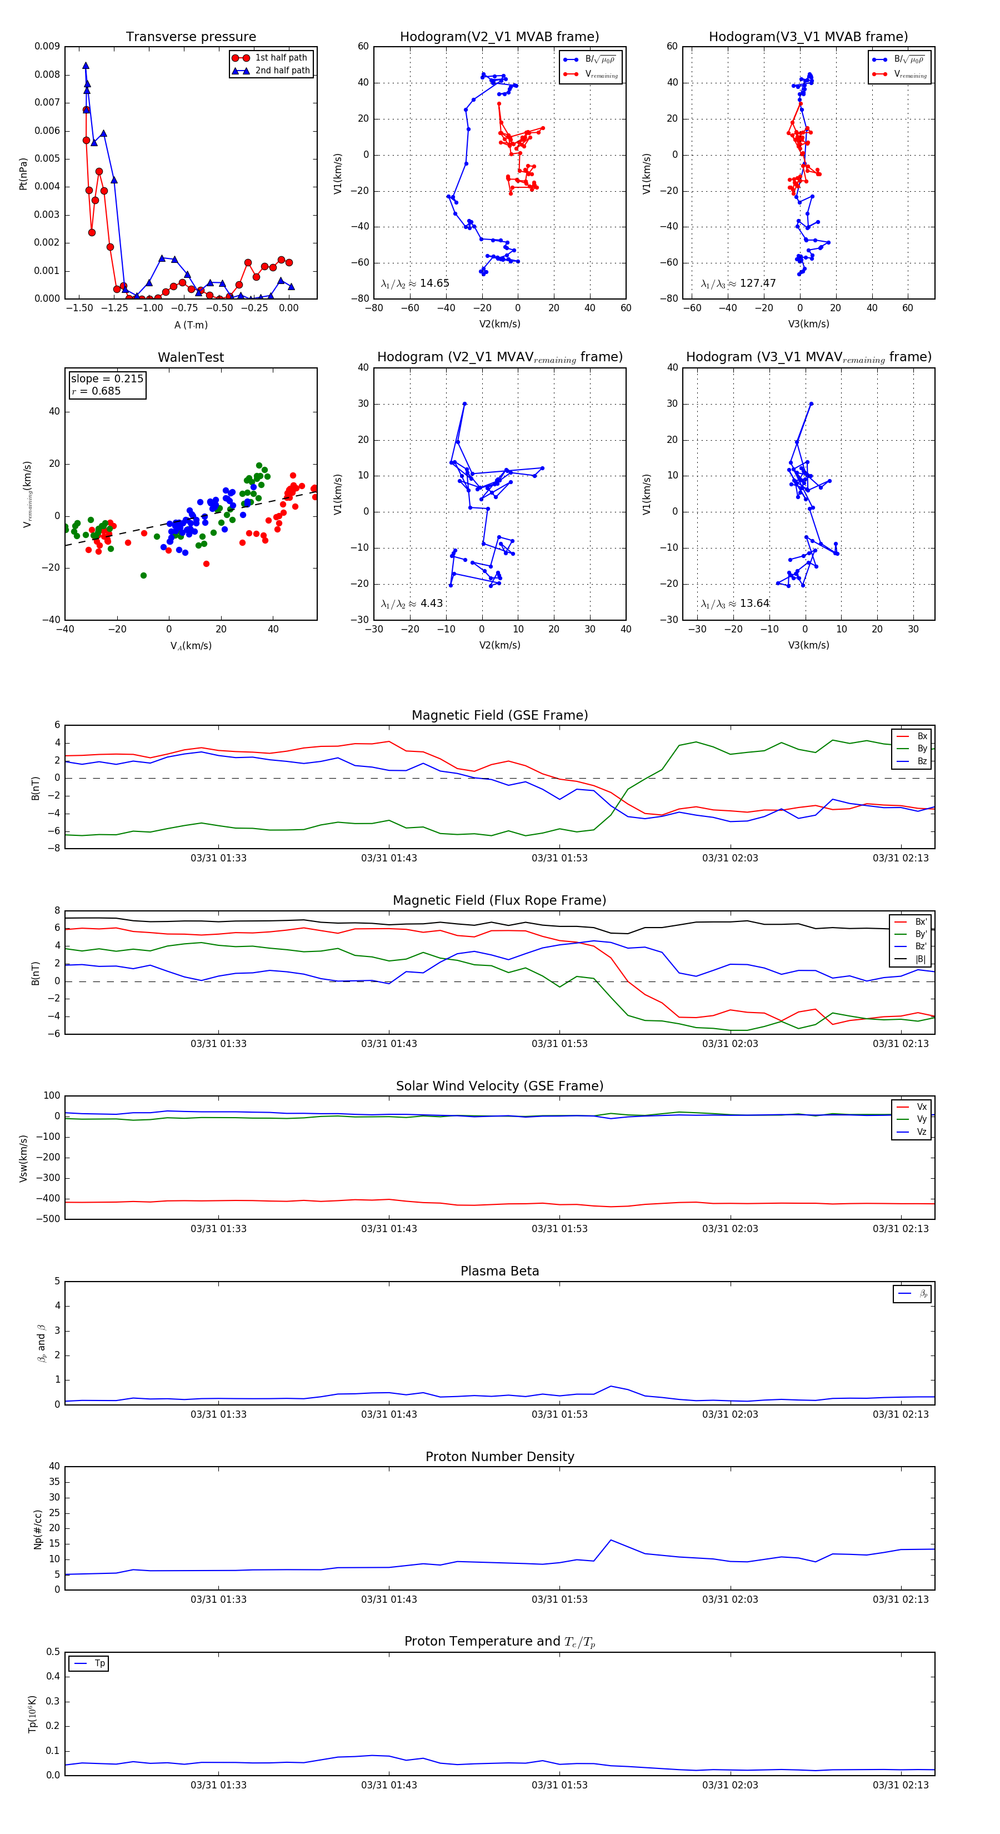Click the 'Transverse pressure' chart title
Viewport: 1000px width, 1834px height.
click(x=191, y=37)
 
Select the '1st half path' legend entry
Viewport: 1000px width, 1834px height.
click(x=281, y=58)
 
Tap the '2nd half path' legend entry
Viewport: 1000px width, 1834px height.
click(x=282, y=71)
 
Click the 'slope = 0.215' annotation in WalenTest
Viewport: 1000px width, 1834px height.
click(x=107, y=379)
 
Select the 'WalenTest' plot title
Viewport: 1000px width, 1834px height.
click(x=191, y=357)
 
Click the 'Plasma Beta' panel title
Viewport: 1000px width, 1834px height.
click(x=499, y=1271)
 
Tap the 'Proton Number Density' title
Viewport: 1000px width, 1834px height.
click(x=499, y=1457)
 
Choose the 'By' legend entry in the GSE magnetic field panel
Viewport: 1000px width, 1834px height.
click(x=922, y=748)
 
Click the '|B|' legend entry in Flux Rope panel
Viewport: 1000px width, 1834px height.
click(x=921, y=959)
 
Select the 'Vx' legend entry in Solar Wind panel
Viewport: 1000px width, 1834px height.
click(x=922, y=1107)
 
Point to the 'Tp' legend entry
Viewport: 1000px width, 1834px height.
click(x=99, y=1663)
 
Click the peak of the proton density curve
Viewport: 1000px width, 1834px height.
click(x=611, y=1540)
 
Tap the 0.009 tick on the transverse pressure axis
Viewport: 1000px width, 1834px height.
click(x=47, y=46)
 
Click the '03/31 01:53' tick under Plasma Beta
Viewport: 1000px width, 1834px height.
click(x=559, y=1414)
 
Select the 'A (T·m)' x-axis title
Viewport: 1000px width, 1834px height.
click(x=191, y=325)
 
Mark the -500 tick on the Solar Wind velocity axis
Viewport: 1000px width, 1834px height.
click(x=47, y=1219)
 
